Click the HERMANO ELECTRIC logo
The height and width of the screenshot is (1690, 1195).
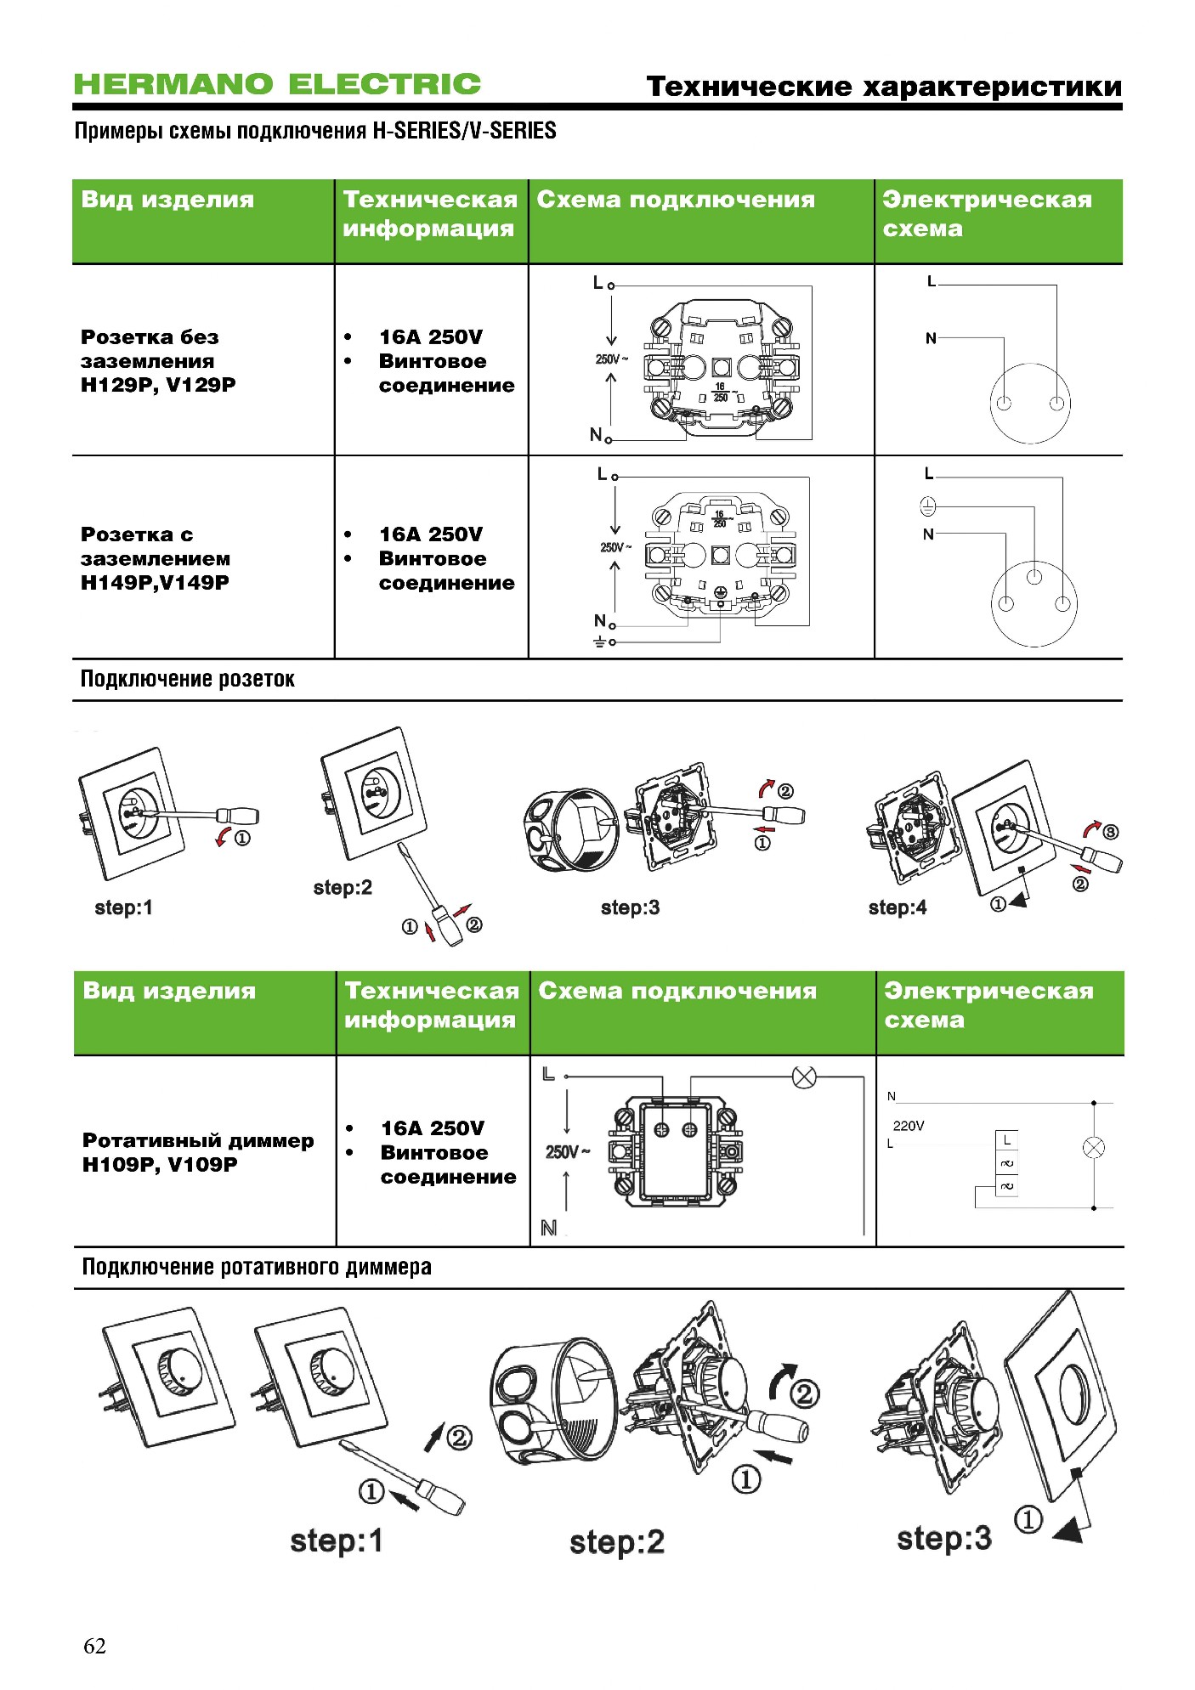click(x=277, y=84)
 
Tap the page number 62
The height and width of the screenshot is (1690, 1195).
click(x=94, y=1646)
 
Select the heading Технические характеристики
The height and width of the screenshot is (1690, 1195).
click(x=884, y=87)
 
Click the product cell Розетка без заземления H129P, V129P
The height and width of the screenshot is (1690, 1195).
click(x=158, y=361)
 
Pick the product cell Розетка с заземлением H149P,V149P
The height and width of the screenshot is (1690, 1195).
click(x=156, y=558)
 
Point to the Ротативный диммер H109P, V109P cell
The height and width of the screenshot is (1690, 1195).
click(x=198, y=1152)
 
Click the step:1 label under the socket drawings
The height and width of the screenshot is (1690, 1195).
click(x=124, y=907)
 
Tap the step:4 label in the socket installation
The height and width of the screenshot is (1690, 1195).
click(x=898, y=907)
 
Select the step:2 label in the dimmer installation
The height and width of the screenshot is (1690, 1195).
click(x=617, y=1542)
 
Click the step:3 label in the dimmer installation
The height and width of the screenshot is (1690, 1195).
click(x=944, y=1538)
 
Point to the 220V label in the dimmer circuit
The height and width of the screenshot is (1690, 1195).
click(x=909, y=1126)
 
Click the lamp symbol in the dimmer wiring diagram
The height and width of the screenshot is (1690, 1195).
click(x=804, y=1077)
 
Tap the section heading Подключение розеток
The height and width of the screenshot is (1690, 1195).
click(x=188, y=679)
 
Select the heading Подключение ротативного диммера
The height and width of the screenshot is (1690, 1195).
click(x=257, y=1267)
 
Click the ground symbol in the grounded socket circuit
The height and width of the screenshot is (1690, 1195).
click(x=928, y=507)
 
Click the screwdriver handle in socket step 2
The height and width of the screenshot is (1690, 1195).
click(x=448, y=926)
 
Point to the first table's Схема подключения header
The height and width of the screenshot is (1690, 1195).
click(x=676, y=200)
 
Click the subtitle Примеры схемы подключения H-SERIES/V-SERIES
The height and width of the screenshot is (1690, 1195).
click(x=315, y=131)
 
